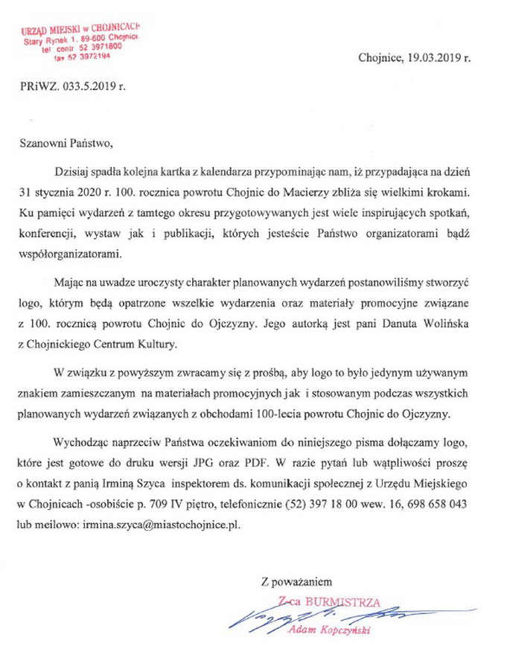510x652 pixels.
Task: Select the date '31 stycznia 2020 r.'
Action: (66, 192)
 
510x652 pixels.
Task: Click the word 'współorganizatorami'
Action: (69, 253)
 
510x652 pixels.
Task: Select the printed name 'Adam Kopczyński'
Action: (329, 632)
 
